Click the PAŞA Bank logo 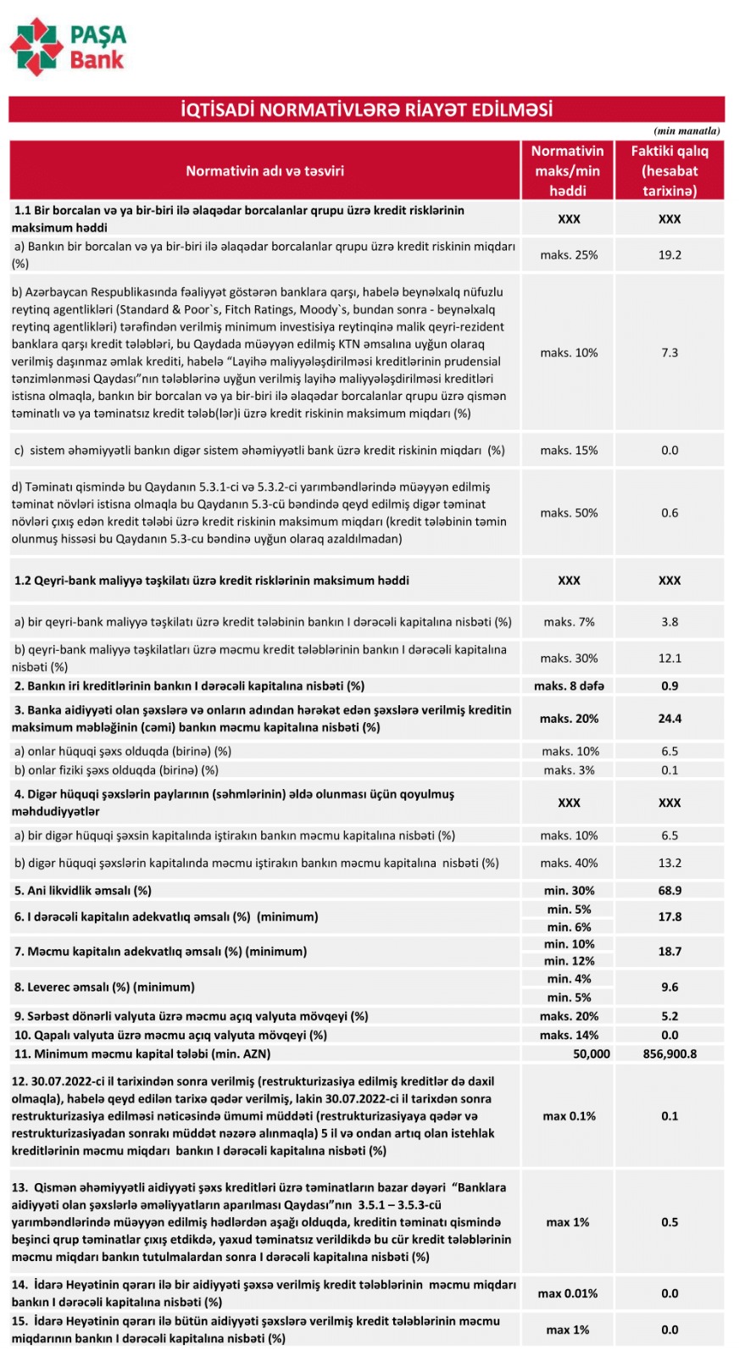click(68, 47)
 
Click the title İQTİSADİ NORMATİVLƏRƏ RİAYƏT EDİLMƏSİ click(366, 110)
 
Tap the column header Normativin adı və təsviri click(264, 170)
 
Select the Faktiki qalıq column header click(669, 170)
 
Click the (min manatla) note click(687, 131)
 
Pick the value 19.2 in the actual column click(670, 254)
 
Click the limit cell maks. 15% click(569, 450)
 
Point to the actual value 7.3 click(670, 353)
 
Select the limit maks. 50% click(569, 513)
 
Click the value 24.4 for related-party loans click(670, 719)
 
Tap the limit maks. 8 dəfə click(569, 686)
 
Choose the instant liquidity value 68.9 click(670, 891)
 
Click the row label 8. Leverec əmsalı click(104, 987)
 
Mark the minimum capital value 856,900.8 click(670, 1053)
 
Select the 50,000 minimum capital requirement click(591, 1053)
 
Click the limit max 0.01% click(568, 1293)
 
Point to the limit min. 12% click(569, 961)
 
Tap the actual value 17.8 click(670, 917)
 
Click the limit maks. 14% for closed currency click(569, 1035)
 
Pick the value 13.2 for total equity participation click(670, 863)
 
